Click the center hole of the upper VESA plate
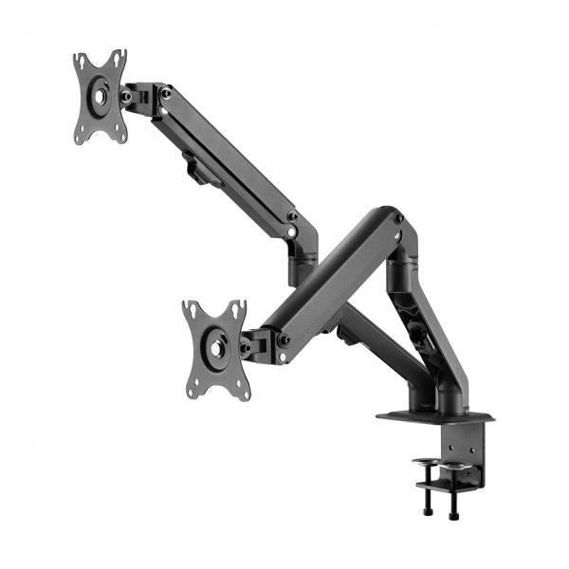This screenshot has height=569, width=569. click(x=101, y=97)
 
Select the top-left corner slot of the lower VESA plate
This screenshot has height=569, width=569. click(x=191, y=310)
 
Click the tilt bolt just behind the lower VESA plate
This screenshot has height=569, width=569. click(x=245, y=347)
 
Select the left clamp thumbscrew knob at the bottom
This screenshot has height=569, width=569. click(x=425, y=513)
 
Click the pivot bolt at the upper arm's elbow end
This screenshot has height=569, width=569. click(x=292, y=217)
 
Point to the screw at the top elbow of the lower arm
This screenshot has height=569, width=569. click(x=398, y=219)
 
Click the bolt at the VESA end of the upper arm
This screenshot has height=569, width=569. click(x=166, y=93)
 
